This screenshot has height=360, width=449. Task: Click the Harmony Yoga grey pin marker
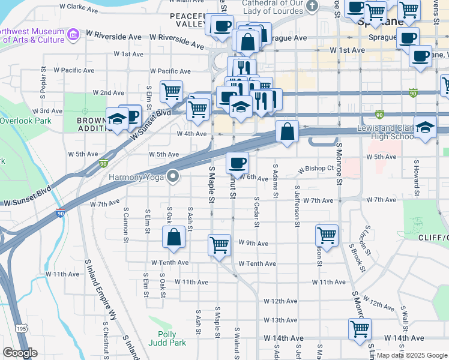pos(173,176)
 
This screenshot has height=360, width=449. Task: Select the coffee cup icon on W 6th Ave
pos(237,162)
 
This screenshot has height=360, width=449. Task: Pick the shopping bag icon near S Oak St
pos(173,236)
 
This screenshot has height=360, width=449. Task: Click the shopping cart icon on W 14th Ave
pos(360,328)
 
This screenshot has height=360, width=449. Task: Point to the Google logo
pos(20,353)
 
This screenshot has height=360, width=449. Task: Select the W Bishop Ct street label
pos(316,169)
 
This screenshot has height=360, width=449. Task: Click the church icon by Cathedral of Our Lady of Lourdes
pos(312,6)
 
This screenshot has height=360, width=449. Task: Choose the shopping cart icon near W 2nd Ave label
pos(172,91)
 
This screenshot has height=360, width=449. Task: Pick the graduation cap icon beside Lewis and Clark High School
pos(425,128)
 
